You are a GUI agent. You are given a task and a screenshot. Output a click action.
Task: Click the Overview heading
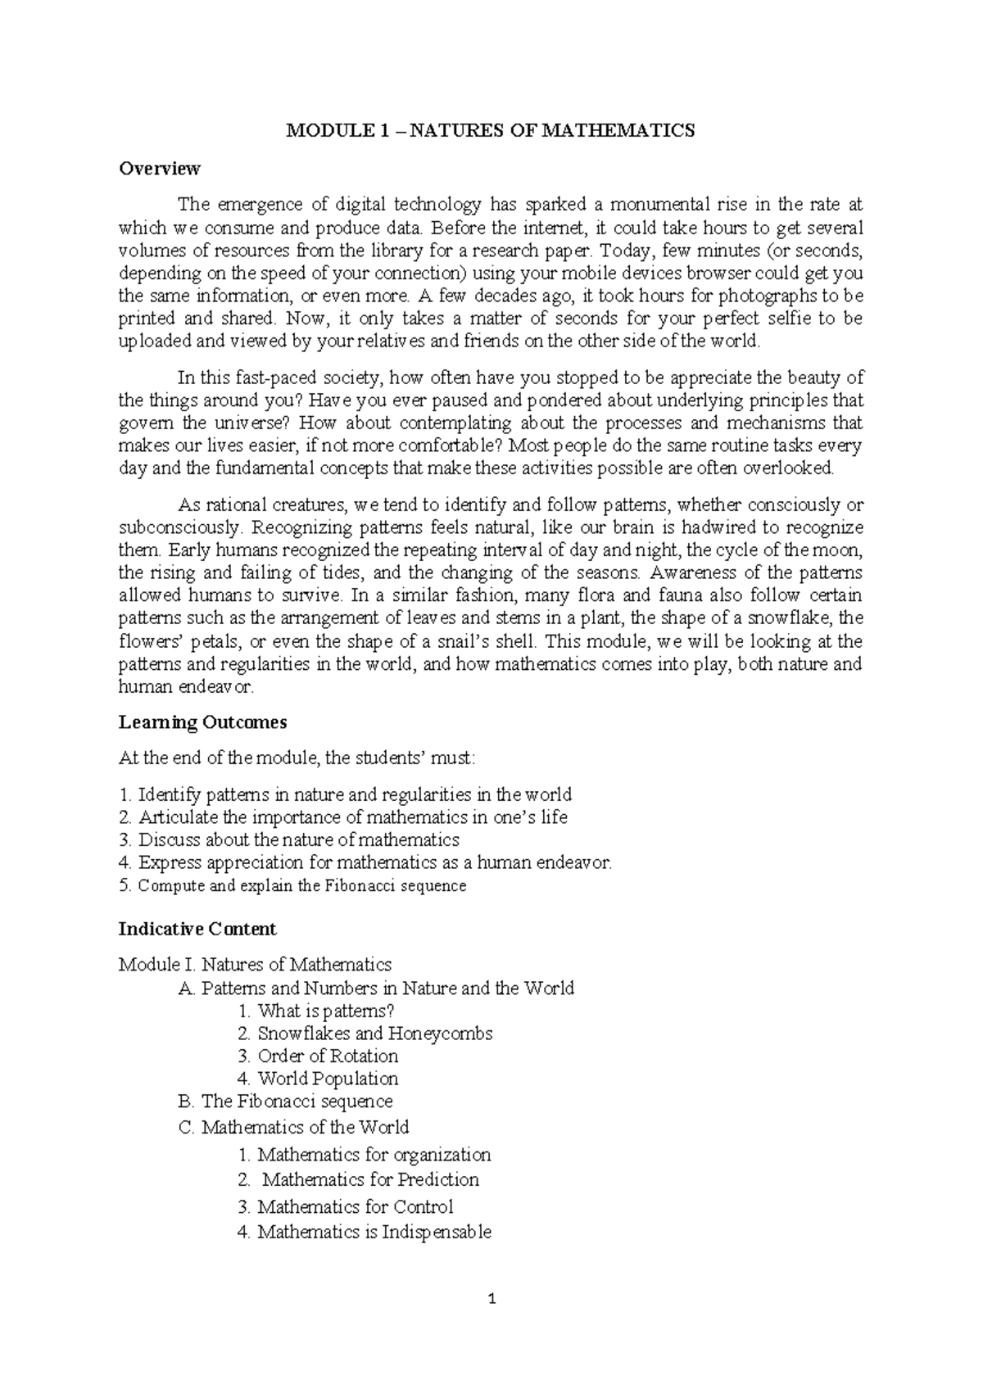[x=159, y=169]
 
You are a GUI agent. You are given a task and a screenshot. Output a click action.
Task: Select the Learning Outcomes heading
[x=202, y=722]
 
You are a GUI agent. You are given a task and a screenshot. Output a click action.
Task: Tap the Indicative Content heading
[x=197, y=929]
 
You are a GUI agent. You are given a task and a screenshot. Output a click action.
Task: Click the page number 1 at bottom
[x=491, y=1299]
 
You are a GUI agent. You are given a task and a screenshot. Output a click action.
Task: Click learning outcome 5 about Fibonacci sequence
[x=292, y=885]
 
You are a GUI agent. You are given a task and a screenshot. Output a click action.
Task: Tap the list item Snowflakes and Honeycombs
[x=365, y=1034]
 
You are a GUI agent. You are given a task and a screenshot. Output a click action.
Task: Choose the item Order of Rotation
[x=318, y=1056]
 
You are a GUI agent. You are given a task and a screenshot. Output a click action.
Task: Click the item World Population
[x=318, y=1079]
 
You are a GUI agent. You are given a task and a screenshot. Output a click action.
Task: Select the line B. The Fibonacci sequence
[x=285, y=1102]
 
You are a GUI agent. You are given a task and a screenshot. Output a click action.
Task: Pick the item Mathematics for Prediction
[x=360, y=1180]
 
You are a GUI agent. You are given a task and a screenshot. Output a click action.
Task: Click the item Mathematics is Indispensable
[x=365, y=1232]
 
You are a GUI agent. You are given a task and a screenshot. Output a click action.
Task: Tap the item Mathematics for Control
[x=345, y=1206]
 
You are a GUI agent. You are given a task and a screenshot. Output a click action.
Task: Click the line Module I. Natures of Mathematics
[x=255, y=964]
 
